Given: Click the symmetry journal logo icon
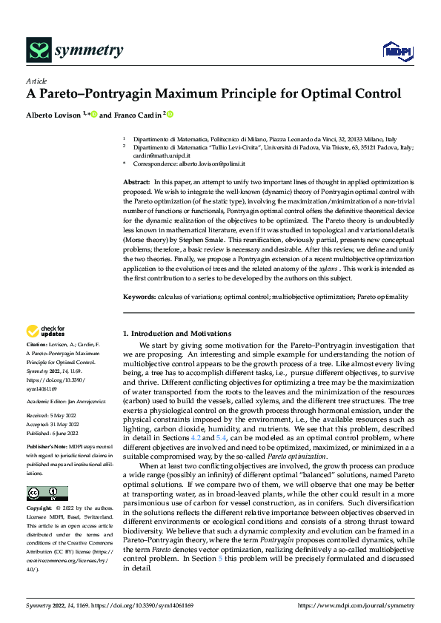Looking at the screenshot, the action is tap(38, 50).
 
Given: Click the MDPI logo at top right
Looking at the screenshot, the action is tap(397, 50).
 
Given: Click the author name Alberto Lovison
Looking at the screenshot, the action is tap(54, 115).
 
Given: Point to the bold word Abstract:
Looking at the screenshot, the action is tap(136, 181).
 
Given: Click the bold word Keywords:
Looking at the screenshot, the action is tap(139, 297).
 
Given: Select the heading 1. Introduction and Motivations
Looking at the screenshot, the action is tap(176, 334).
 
